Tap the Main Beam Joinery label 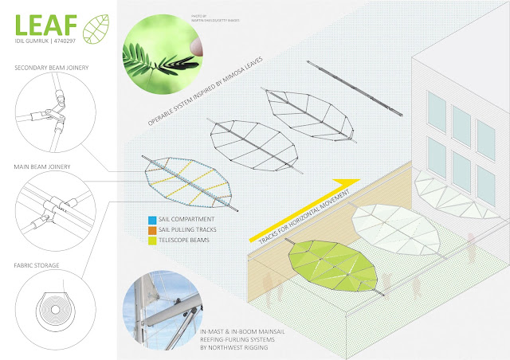pyautogui.click(x=42, y=166)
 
